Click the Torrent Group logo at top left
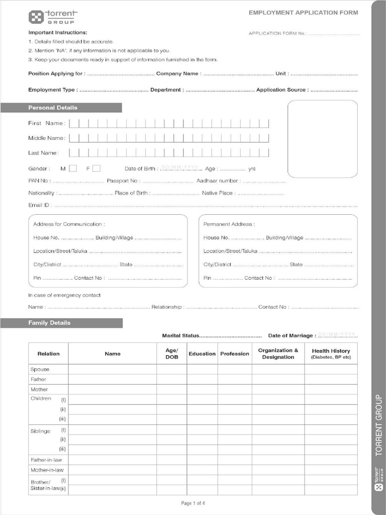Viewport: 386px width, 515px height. [x=51, y=17]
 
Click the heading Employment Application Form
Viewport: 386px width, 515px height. [x=303, y=13]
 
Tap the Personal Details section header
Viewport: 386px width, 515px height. [x=53, y=108]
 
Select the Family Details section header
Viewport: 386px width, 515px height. [x=49, y=323]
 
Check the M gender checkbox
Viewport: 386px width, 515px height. [x=73, y=168]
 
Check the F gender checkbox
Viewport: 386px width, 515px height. [x=96, y=168]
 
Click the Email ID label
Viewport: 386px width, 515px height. [x=39, y=205]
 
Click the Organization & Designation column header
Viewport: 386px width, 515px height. [x=278, y=354]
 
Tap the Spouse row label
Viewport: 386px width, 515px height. [x=40, y=369]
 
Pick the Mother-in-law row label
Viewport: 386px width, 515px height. [x=47, y=470]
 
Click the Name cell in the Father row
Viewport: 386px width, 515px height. [x=113, y=379]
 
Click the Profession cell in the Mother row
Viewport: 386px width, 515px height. [x=234, y=389]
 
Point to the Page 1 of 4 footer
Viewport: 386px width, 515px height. [x=193, y=503]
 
